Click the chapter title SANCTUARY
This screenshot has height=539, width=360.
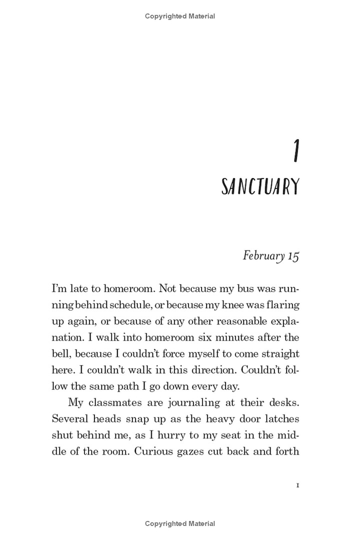coord(260,187)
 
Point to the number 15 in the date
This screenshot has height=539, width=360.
coord(293,256)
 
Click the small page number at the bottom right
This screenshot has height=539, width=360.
coord(297,485)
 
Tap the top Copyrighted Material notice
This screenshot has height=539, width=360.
coord(180,16)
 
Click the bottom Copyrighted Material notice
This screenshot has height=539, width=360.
coord(180,523)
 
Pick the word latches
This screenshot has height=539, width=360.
coord(280,419)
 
